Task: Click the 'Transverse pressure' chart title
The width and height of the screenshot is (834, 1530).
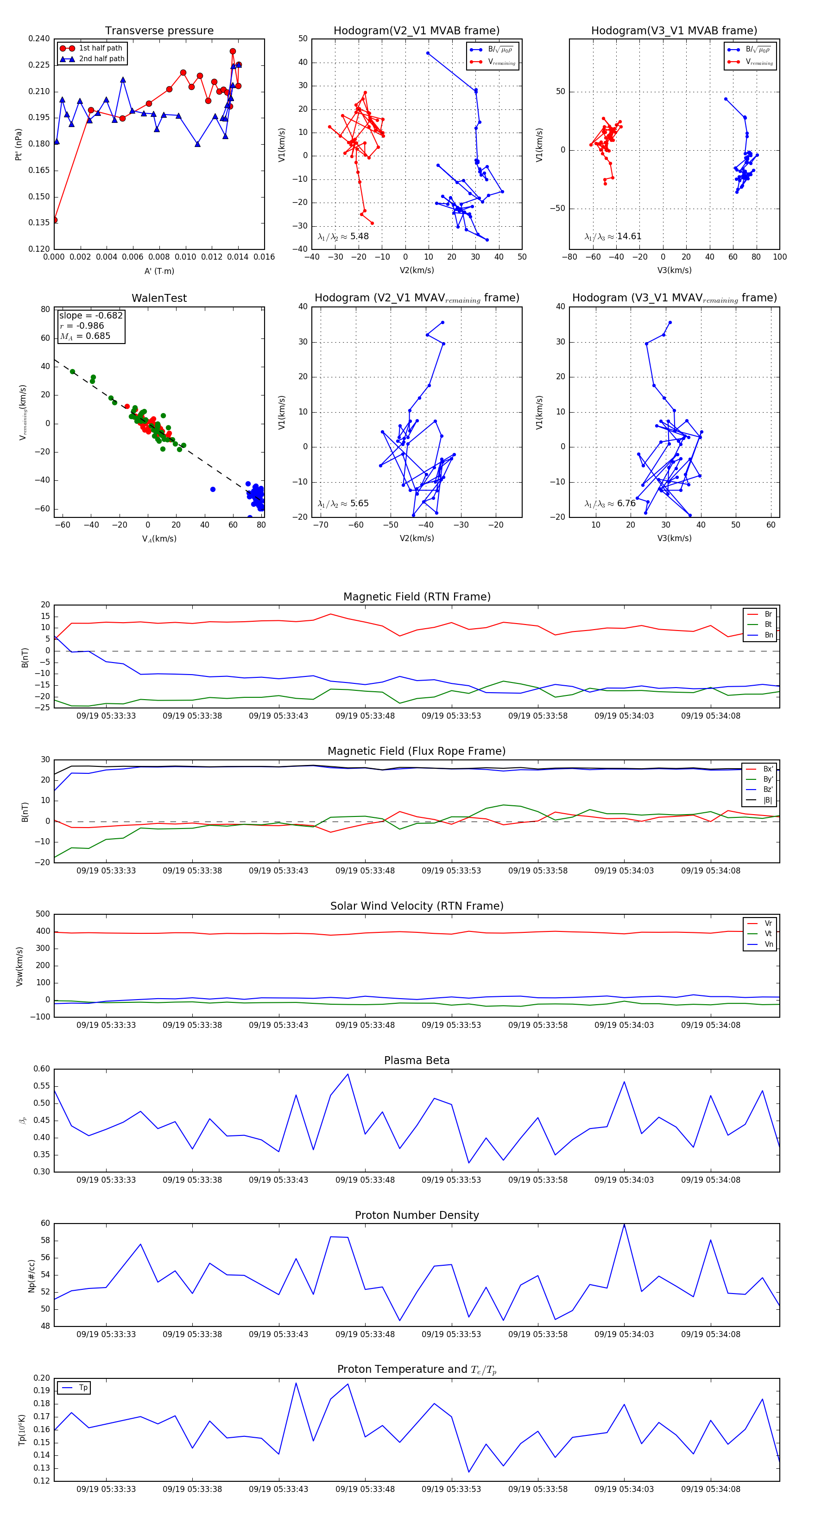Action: pyautogui.click(x=159, y=31)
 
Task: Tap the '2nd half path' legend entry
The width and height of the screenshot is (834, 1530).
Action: pyautogui.click(x=101, y=59)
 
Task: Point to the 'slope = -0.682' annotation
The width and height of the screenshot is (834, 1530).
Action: pyautogui.click(x=91, y=315)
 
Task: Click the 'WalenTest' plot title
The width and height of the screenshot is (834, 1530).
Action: pyautogui.click(x=159, y=298)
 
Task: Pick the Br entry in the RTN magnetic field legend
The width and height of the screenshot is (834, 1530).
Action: pyautogui.click(x=768, y=614)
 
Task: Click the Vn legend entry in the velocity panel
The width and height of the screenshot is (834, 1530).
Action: pyautogui.click(x=768, y=944)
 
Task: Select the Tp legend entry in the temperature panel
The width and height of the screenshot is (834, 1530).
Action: pyautogui.click(x=83, y=1388)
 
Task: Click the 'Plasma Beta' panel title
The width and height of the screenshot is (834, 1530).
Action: pyautogui.click(x=417, y=1061)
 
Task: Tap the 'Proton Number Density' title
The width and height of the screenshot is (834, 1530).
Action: pyautogui.click(x=417, y=1215)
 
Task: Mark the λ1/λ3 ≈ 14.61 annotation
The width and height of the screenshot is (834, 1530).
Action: pyautogui.click(x=613, y=236)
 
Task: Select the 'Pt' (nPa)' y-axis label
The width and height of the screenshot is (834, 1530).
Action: pyautogui.click(x=19, y=144)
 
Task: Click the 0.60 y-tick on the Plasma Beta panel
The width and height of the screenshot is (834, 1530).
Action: pyautogui.click(x=42, y=1069)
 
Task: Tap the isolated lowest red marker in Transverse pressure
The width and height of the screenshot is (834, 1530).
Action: pyautogui.click(x=55, y=220)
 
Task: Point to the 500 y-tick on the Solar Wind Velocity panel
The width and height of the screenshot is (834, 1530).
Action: pyautogui.click(x=43, y=914)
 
